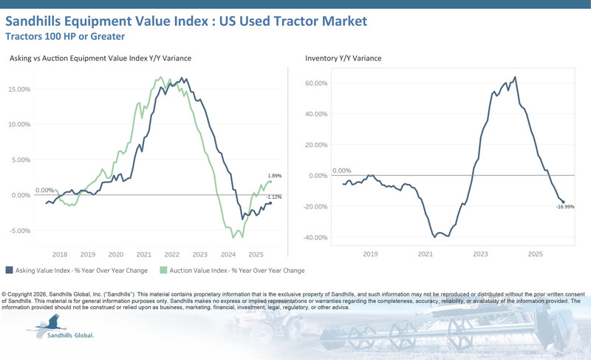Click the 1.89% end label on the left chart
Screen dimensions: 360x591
[274, 175]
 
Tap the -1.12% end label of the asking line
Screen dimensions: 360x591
[274, 197]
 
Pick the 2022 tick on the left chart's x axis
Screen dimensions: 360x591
[173, 254]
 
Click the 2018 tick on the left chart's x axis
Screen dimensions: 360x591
[60, 254]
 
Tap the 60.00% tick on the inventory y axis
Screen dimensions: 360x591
[315, 83]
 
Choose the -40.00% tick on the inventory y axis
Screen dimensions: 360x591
[315, 237]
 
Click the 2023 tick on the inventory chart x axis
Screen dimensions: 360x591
[481, 254]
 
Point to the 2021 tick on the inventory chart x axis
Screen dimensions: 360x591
[426, 254]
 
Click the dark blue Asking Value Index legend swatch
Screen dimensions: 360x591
[9, 271]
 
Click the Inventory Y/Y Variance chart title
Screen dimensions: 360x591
[344, 58]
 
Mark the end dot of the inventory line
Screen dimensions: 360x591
[563, 202]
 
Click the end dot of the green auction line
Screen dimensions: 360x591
[270, 181]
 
